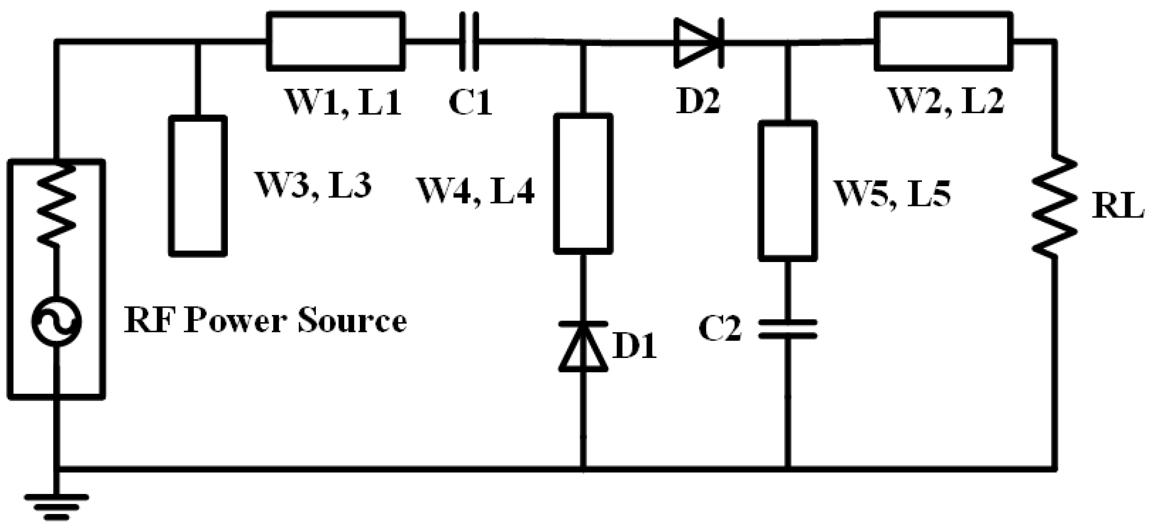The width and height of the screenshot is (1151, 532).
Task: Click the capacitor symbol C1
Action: point(469,42)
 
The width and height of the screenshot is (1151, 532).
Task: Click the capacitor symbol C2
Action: point(788,328)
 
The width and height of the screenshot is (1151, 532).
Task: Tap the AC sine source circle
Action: point(57,321)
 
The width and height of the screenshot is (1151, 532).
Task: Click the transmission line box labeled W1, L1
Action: point(335,42)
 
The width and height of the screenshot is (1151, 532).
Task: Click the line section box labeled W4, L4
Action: point(583,183)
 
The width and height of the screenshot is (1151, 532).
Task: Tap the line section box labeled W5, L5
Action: point(788,191)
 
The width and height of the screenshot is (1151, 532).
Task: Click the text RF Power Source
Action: point(265,321)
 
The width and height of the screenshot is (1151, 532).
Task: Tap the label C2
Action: point(720,328)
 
